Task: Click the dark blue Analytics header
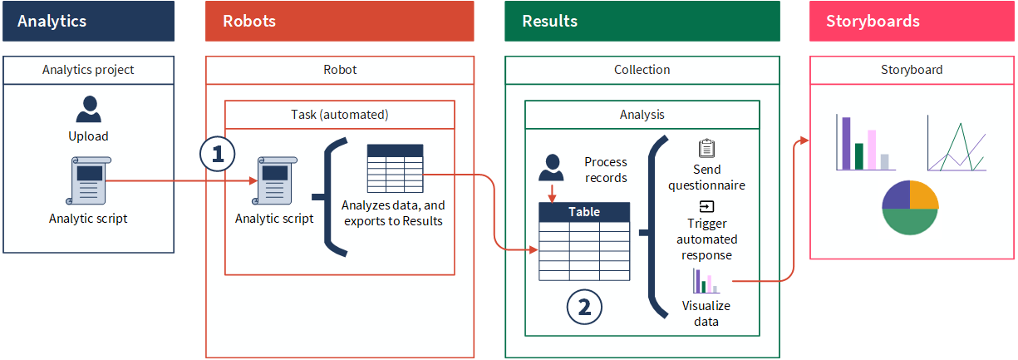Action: tap(88, 21)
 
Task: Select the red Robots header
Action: tap(339, 21)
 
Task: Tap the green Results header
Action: tap(642, 21)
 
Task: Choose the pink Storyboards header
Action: tap(912, 21)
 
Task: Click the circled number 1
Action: tap(218, 154)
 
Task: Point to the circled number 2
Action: tap(584, 307)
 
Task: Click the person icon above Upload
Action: tap(88, 109)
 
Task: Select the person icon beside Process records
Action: tap(551, 167)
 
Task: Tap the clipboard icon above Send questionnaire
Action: tap(706, 149)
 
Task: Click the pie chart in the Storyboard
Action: tap(910, 207)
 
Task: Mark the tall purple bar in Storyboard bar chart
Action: tap(847, 143)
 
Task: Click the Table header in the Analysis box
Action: tap(583, 212)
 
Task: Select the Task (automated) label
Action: tap(340, 115)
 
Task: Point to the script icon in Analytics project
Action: tap(88, 180)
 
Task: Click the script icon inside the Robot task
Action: tap(274, 180)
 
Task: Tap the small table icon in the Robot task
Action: tap(395, 170)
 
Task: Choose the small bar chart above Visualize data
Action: tap(705, 281)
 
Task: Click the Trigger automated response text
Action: tap(706, 239)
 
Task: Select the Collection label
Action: tap(642, 70)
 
